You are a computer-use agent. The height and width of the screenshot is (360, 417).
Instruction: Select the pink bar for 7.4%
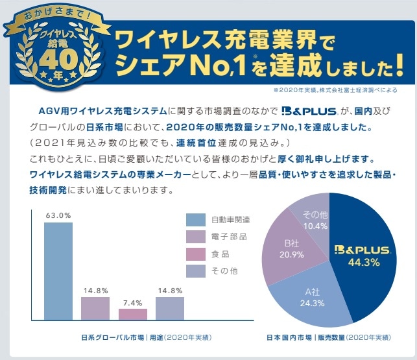point(132,314)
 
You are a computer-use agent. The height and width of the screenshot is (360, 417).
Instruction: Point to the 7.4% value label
point(133,302)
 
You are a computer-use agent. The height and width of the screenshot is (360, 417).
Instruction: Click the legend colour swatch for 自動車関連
point(196,220)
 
